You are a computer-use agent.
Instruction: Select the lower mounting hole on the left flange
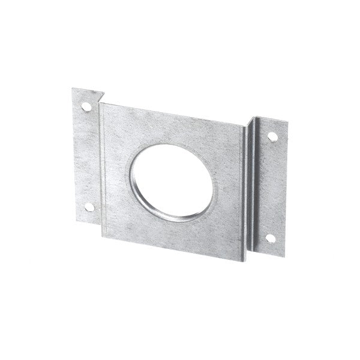tap(89, 207)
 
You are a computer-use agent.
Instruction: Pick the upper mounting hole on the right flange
tap(272, 137)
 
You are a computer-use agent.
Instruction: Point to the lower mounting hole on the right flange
tap(270, 238)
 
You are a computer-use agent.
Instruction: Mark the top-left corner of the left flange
tap(73, 89)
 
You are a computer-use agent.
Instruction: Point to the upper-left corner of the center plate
tap(100, 103)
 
